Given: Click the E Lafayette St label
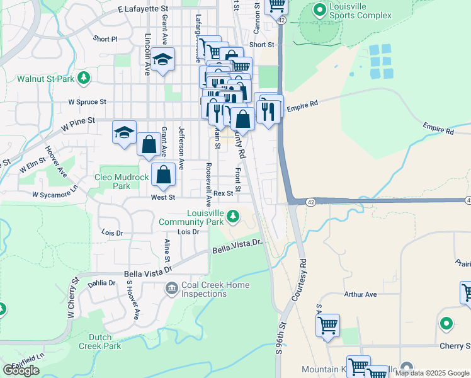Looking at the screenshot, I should [x=144, y=10].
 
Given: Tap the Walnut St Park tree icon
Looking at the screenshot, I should [x=82, y=78].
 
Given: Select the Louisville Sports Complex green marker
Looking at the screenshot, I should [x=320, y=11].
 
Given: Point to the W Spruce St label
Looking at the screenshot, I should [x=87, y=101].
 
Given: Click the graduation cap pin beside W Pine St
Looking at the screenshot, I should [x=124, y=132].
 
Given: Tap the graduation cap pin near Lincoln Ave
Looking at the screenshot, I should [x=163, y=60].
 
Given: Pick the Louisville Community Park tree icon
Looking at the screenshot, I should [x=233, y=217].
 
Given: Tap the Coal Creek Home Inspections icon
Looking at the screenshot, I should [x=171, y=289].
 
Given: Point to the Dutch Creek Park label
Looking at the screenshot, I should [x=100, y=341].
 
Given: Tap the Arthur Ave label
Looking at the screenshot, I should [x=360, y=294].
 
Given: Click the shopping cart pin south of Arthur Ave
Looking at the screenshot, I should [x=327, y=326].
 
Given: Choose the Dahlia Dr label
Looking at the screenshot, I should [x=102, y=283].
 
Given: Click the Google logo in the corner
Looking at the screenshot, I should [x=21, y=370].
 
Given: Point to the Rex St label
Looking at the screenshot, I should [x=223, y=193].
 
